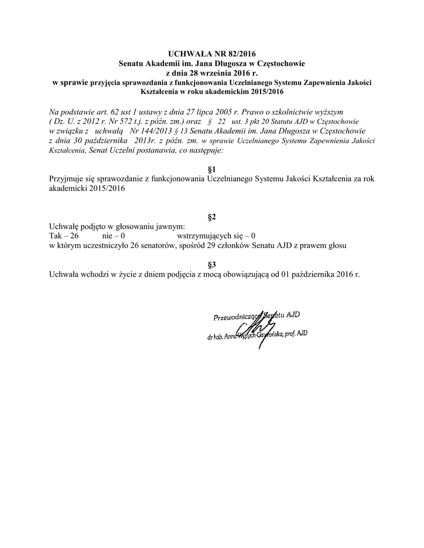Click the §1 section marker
(x=211, y=170)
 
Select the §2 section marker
(x=211, y=217)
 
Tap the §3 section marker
(x=211, y=264)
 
